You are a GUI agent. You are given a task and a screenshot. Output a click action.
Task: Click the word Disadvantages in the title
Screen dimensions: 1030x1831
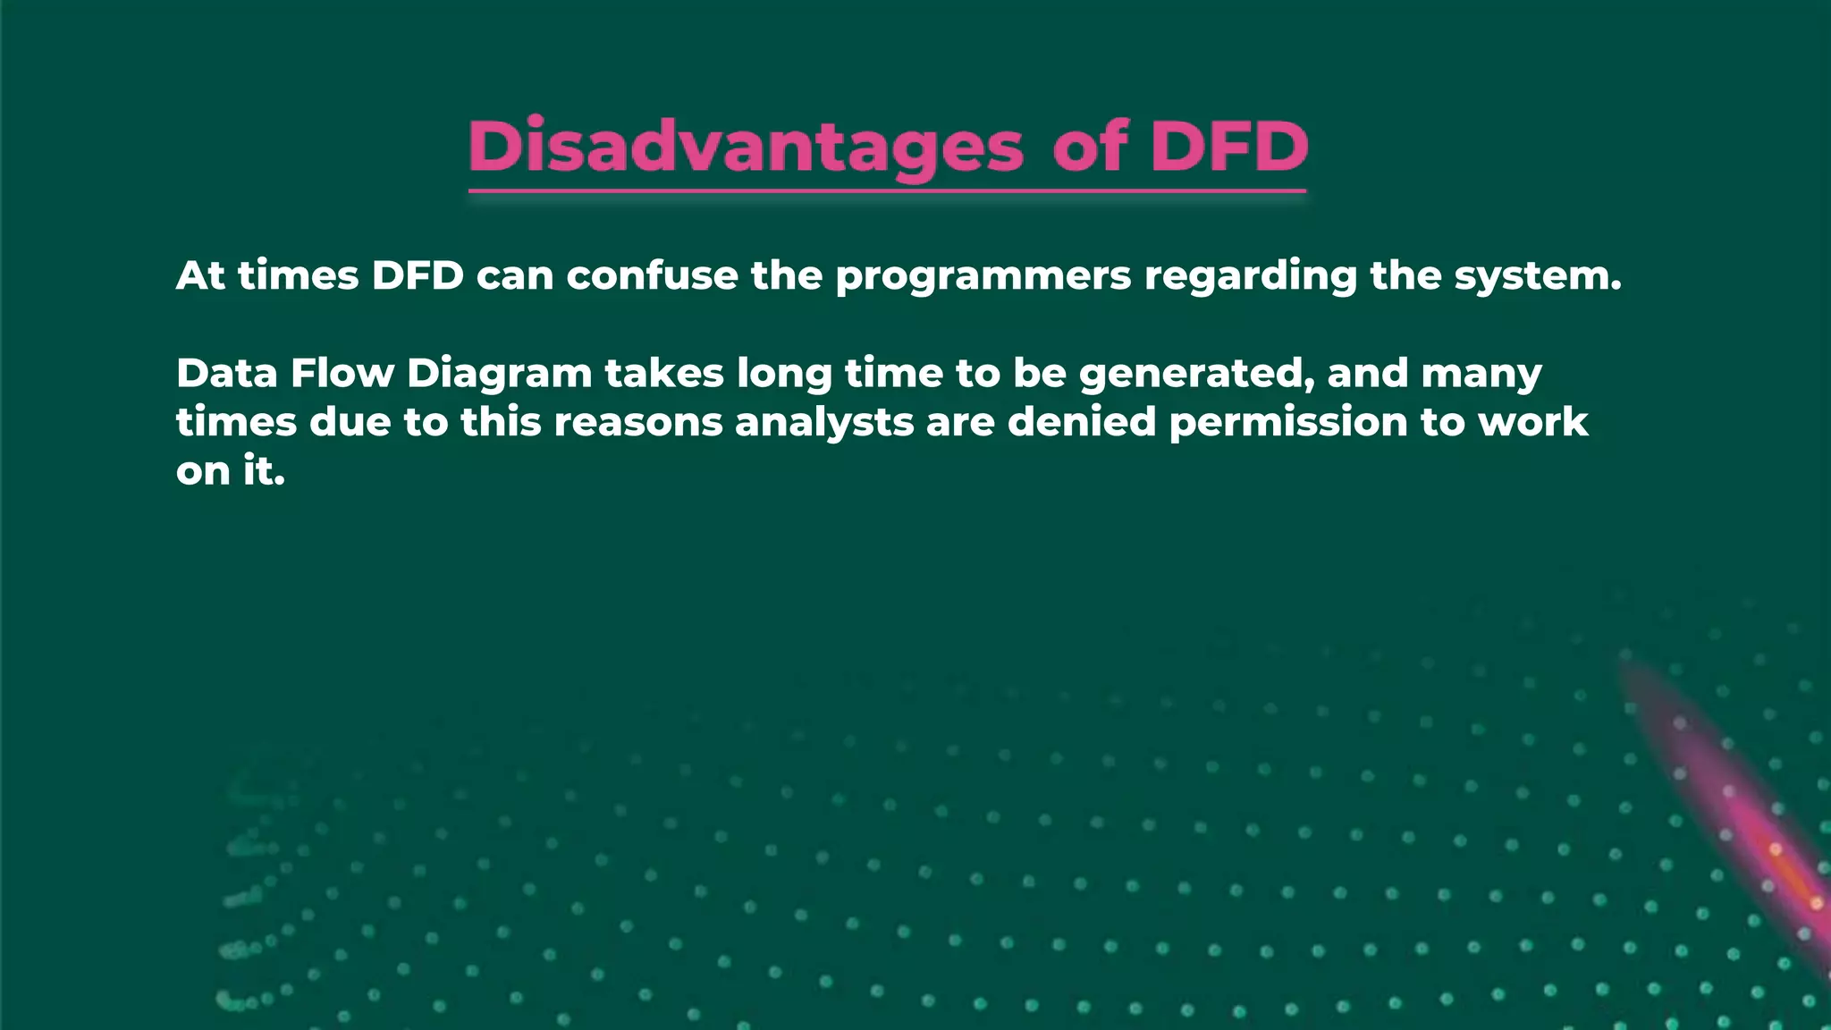(745, 147)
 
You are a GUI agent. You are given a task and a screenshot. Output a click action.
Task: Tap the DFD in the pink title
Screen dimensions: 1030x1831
(1229, 147)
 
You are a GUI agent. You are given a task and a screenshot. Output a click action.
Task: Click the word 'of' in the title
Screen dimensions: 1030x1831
(1090, 147)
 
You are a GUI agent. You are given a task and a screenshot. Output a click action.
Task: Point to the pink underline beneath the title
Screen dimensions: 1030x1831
(887, 190)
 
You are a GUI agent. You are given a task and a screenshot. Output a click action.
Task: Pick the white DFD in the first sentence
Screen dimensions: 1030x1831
(418, 276)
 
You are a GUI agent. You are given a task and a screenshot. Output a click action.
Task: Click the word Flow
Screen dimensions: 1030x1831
(342, 374)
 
